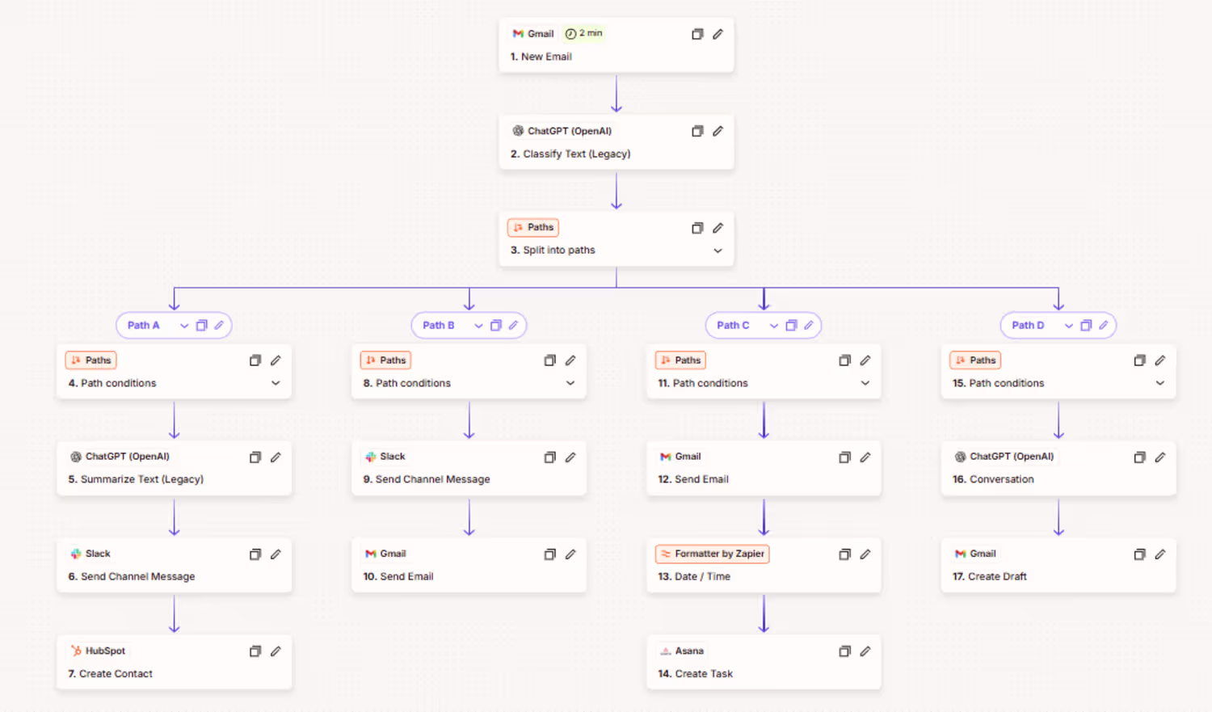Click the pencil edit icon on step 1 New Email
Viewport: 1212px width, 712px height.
[x=718, y=34]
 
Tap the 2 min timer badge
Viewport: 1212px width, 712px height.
[x=583, y=34]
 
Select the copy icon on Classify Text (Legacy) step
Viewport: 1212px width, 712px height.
[x=697, y=131]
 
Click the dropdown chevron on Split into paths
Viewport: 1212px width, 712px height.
[x=718, y=251]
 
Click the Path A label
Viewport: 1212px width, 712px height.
[x=143, y=325]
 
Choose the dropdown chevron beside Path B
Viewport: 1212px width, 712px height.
[x=478, y=326]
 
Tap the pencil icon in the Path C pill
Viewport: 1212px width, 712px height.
[x=808, y=325]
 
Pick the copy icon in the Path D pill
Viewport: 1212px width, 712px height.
[x=1086, y=325]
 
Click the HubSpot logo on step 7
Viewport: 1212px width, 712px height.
[x=76, y=651]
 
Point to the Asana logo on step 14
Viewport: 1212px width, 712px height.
[x=666, y=651]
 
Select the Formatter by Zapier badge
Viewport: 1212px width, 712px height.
[x=712, y=554]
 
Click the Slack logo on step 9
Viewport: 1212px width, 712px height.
[x=371, y=457]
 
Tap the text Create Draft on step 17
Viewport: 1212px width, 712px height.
[x=996, y=576]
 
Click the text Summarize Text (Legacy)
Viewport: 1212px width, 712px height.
[x=141, y=478]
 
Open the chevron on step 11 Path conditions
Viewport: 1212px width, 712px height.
[x=865, y=383]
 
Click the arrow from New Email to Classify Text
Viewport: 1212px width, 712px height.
[x=617, y=93]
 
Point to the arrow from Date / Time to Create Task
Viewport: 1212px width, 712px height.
[x=764, y=613]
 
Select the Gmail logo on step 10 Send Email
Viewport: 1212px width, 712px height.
[x=371, y=554]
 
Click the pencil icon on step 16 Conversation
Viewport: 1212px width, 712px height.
[x=1159, y=457]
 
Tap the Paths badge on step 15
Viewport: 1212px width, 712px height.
[x=975, y=360]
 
